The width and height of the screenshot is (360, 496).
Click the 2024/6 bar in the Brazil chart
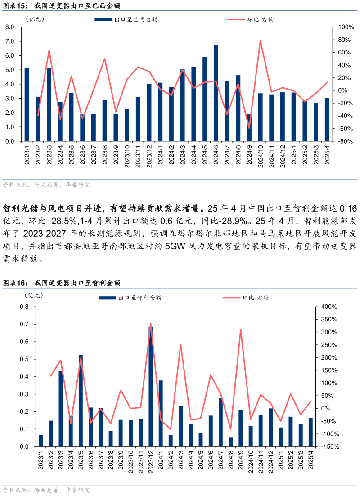(216, 93)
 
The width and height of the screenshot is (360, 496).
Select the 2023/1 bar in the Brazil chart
(27, 104)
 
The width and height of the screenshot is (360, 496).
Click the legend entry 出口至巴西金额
(126, 19)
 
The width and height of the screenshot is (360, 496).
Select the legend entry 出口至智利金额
(130, 298)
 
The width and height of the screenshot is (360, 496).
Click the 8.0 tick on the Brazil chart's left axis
(10, 27)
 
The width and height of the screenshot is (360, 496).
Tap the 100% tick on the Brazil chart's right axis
(340, 27)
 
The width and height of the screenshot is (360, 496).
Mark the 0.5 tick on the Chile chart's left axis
(24, 359)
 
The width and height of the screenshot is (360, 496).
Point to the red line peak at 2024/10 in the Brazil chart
(260, 41)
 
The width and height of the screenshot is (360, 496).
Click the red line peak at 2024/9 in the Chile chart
(241, 330)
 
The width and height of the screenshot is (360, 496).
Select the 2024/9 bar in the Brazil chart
(249, 128)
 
